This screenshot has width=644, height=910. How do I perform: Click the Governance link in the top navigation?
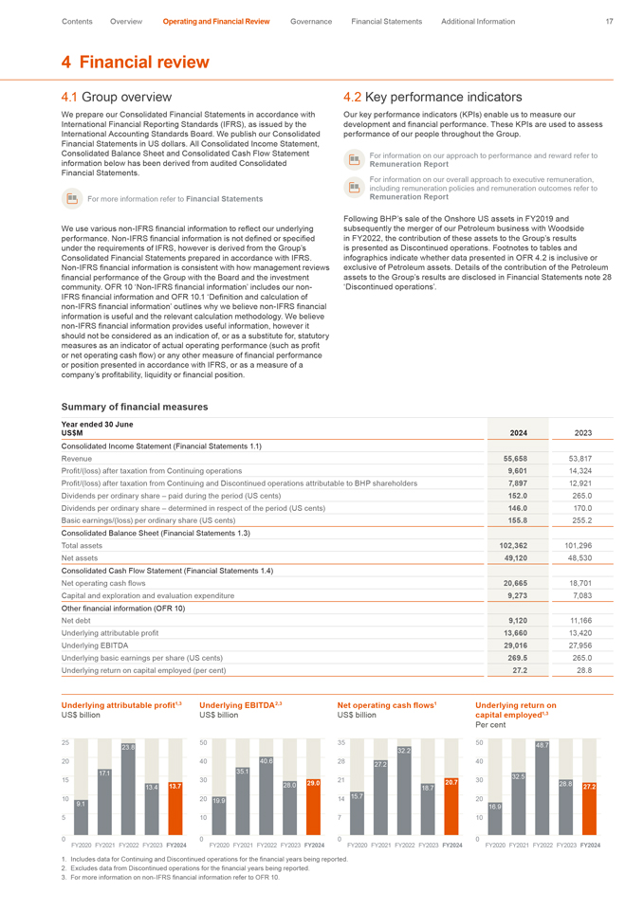[x=311, y=21]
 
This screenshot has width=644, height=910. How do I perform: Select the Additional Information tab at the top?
[x=478, y=21]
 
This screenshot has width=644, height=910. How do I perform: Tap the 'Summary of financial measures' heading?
[x=134, y=407]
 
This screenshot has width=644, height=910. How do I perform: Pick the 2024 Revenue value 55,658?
[x=512, y=457]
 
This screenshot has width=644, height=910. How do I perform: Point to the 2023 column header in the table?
[x=583, y=432]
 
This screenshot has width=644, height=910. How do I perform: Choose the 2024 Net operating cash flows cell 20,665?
[x=512, y=581]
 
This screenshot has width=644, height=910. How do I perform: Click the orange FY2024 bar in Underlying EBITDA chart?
[x=313, y=808]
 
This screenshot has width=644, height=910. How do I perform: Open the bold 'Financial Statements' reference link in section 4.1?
[x=225, y=198]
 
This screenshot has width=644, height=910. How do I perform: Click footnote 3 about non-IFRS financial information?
[x=171, y=877]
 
